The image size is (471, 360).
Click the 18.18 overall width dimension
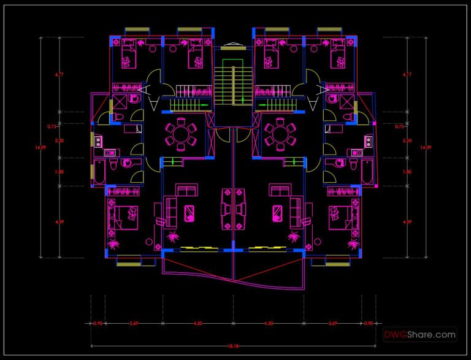tap(233, 347)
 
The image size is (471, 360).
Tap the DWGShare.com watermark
tap(420, 335)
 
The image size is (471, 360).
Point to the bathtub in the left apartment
tap(99, 172)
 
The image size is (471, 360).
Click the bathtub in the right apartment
tap(367, 172)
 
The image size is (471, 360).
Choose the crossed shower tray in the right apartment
tap(347, 102)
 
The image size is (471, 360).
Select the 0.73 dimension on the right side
tap(400, 126)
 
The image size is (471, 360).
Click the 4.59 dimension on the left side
tap(59, 221)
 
